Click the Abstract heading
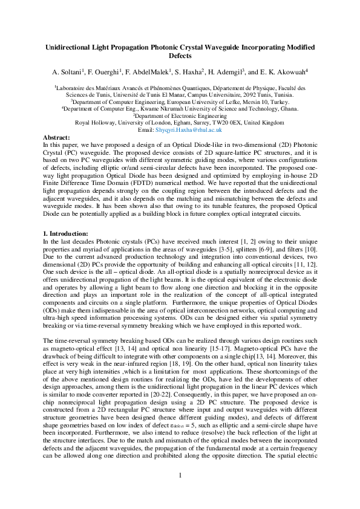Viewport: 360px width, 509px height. click(x=58, y=138)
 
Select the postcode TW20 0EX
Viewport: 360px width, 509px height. click(x=224, y=122)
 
